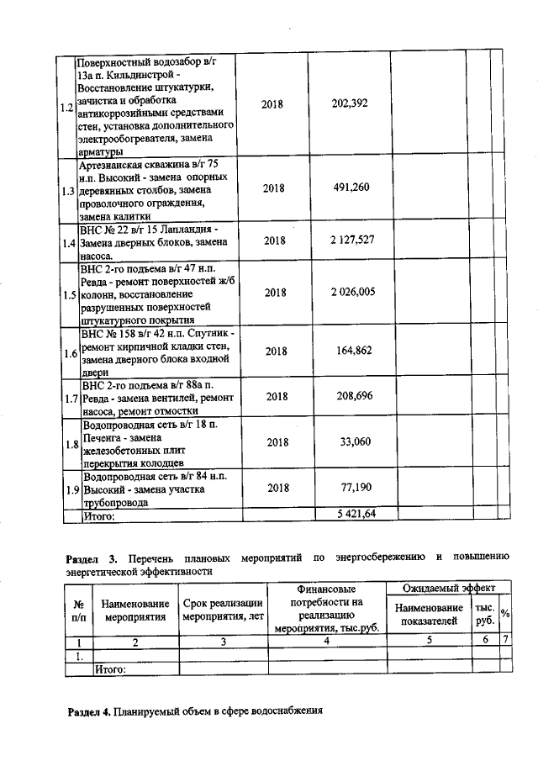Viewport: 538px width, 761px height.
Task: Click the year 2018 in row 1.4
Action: (274, 240)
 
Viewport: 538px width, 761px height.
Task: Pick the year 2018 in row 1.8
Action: (274, 441)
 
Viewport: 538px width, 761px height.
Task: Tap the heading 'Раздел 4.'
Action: (88, 711)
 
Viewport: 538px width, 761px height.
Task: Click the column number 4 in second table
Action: (326, 642)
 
